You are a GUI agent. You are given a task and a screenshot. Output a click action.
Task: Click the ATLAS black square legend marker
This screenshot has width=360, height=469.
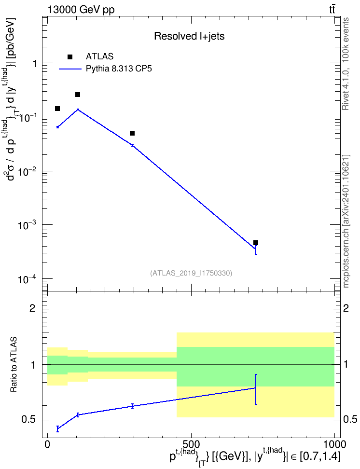[69, 57]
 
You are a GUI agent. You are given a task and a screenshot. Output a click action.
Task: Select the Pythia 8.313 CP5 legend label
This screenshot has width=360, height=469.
[119, 69]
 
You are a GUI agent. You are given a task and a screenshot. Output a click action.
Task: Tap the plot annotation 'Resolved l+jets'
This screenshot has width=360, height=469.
[189, 36]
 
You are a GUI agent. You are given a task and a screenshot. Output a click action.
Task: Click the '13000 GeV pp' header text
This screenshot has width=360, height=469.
[81, 10]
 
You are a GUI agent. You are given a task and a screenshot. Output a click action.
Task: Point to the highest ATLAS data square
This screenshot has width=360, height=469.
[78, 95]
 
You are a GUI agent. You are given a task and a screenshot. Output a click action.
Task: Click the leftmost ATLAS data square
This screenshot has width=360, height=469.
[57, 109]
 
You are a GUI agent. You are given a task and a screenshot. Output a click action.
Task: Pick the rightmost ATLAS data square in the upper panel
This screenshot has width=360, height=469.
[256, 243]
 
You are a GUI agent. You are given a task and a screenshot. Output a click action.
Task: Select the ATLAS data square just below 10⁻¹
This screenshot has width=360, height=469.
[132, 133]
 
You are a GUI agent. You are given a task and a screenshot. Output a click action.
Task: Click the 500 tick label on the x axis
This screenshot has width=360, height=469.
[191, 444]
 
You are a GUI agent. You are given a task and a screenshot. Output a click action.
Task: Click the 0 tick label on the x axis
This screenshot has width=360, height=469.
[47, 444]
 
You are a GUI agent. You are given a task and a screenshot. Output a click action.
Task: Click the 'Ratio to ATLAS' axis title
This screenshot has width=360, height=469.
[14, 364]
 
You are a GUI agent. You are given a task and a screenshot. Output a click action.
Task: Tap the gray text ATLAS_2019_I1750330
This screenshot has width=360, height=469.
[191, 273]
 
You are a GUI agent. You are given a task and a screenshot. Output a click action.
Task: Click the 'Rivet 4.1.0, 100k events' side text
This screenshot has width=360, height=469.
[346, 64]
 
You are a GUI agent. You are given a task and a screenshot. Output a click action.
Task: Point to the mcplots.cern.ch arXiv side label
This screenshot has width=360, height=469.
[346, 221]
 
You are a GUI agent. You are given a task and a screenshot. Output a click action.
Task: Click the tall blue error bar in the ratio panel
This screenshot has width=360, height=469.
[256, 389]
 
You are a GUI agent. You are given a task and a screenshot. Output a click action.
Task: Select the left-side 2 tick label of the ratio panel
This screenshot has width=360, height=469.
[33, 308]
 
